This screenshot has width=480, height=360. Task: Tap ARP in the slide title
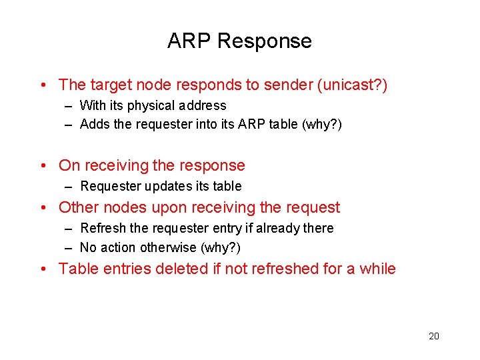189,41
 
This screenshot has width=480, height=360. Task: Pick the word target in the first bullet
114,85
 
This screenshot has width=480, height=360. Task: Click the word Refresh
103,228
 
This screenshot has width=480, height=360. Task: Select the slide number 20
434,336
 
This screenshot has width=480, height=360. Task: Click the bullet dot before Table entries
42,269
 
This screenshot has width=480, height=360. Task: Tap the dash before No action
69,247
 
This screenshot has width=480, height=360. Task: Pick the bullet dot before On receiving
42,166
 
